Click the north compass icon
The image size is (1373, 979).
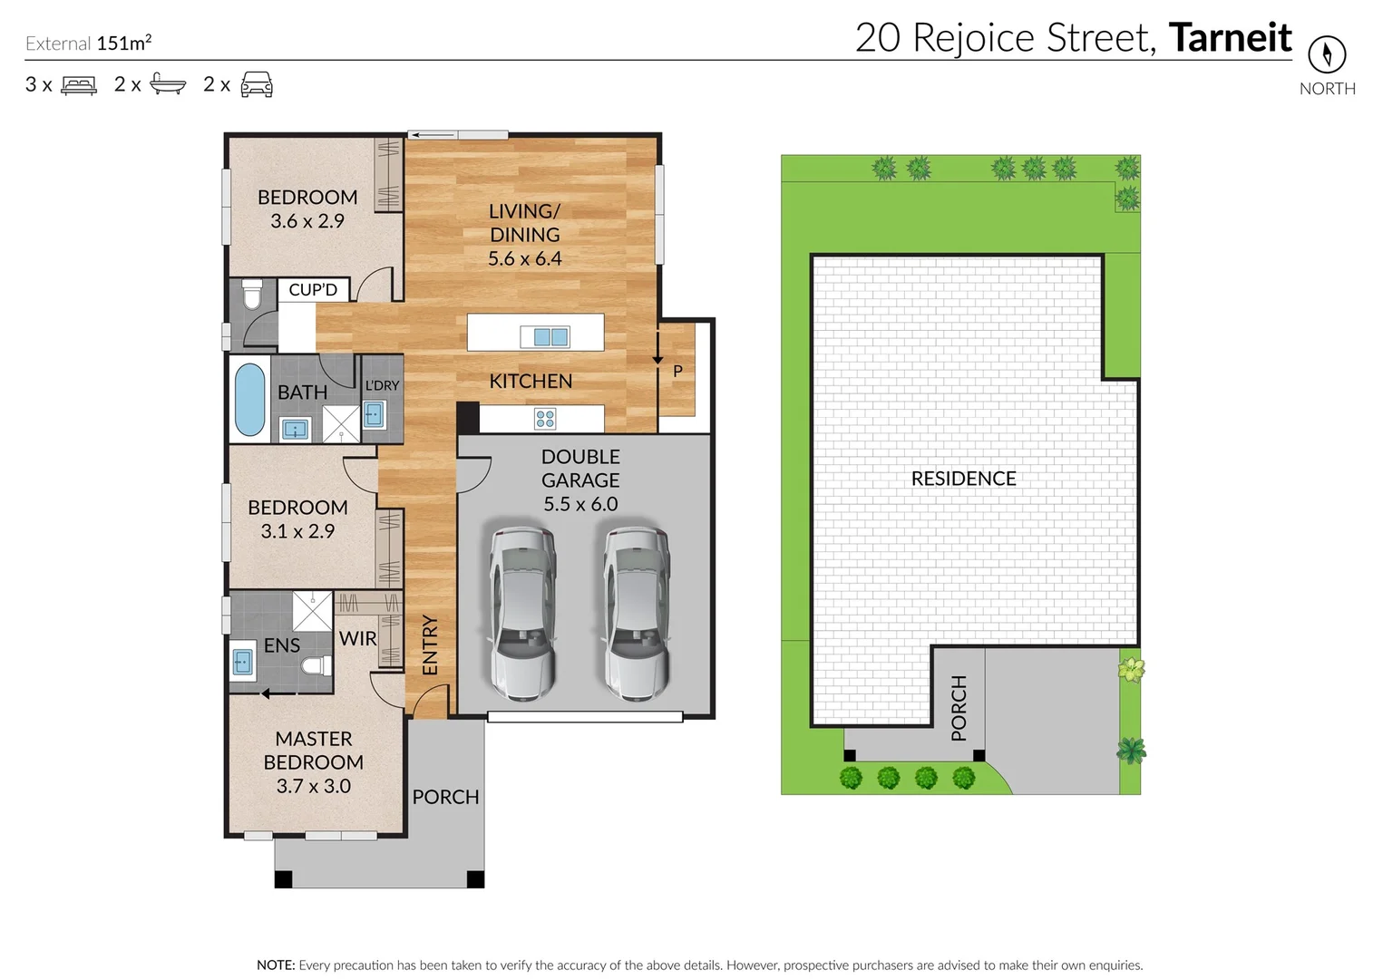1326,54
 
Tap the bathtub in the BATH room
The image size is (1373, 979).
250,399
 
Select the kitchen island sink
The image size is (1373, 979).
545,337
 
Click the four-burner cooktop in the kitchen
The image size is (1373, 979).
545,419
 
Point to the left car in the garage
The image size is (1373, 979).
522,613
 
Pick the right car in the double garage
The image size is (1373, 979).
638,613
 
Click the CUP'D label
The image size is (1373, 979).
313,290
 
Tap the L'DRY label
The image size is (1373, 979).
382,385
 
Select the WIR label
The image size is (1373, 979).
357,638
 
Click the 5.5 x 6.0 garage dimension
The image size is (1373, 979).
580,504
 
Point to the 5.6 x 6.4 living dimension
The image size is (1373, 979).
524,258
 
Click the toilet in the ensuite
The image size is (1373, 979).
316,667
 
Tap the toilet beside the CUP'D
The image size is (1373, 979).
252,295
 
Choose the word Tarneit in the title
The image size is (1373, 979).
1230,38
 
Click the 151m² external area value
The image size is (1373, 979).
124,43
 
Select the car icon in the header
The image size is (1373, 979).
257,84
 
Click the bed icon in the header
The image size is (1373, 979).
79,85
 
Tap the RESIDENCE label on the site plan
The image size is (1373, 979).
963,479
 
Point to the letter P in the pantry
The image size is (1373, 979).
677,371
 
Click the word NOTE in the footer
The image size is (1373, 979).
275,965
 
